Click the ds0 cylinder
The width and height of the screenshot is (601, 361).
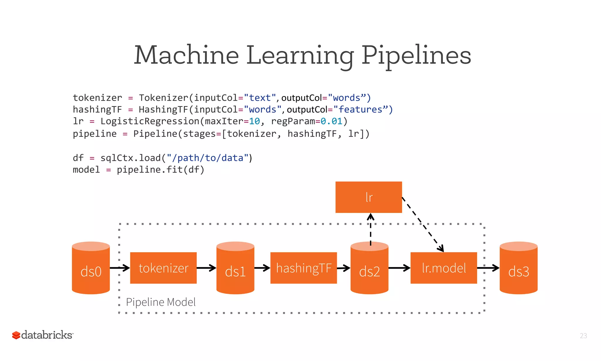tap(91, 268)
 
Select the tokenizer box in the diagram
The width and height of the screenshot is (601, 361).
tap(163, 268)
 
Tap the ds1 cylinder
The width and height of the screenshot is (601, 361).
tap(235, 268)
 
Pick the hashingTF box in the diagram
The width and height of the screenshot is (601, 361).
tap(303, 268)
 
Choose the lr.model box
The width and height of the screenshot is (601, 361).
tap(443, 268)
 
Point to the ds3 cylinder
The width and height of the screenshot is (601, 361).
tap(518, 268)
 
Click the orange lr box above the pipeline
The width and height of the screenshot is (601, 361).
tap(369, 197)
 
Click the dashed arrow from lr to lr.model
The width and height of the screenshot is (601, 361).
tap(423, 224)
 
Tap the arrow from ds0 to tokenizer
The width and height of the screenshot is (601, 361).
tap(120, 268)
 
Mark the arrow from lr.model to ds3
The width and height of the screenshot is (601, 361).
tap(488, 268)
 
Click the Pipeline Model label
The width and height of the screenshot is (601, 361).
tap(161, 302)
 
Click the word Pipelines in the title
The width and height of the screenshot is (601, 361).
tap(416, 55)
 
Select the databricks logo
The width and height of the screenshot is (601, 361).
tap(43, 335)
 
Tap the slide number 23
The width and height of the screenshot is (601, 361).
tap(583, 336)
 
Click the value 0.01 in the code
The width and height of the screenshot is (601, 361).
tap(331, 121)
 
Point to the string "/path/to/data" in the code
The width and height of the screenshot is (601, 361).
tap(208, 158)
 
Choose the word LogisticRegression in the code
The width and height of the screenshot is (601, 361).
tap(150, 121)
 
